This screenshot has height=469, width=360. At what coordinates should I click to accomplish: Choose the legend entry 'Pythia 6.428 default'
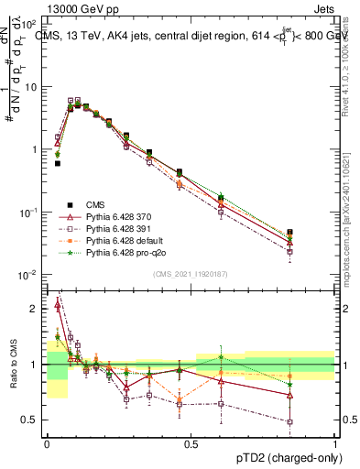pyautogui.click(x=110, y=239)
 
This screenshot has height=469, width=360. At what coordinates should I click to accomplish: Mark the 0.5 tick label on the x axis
pyautogui.click(x=191, y=442)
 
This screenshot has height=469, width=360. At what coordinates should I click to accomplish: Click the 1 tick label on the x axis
pyautogui.click(x=334, y=442)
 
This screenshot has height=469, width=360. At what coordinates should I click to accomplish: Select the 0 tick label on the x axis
pyautogui.click(x=47, y=442)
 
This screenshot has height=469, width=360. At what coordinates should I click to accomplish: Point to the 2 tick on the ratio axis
pyautogui.click(x=35, y=309)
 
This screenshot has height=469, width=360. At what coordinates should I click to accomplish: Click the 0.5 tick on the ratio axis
pyautogui.click(x=31, y=420)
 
